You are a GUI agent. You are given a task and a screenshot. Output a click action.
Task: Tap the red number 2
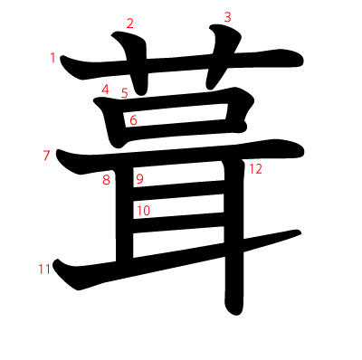coord(129,24)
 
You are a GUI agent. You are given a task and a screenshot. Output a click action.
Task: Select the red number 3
coord(227,17)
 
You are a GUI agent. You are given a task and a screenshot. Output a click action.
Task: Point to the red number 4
coord(105,90)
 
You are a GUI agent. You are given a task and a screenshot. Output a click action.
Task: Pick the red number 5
coord(124,92)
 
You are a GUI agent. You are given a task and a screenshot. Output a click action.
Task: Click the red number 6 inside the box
coord(133,119)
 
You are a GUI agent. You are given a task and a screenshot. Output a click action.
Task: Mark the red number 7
coord(46,156)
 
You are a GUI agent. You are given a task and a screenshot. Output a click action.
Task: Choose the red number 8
coord(106,180)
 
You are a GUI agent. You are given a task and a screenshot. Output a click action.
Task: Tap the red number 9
coord(139,179)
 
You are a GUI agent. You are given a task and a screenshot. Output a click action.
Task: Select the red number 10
coord(143,211)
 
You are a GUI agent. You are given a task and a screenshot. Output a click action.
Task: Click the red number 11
coord(43,269)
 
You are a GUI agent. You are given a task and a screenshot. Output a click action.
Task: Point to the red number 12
coord(255,169)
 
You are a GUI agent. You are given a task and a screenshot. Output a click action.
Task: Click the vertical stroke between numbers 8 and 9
coord(123,217)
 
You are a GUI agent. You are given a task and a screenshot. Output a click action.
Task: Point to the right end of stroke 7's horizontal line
coord(297,149)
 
